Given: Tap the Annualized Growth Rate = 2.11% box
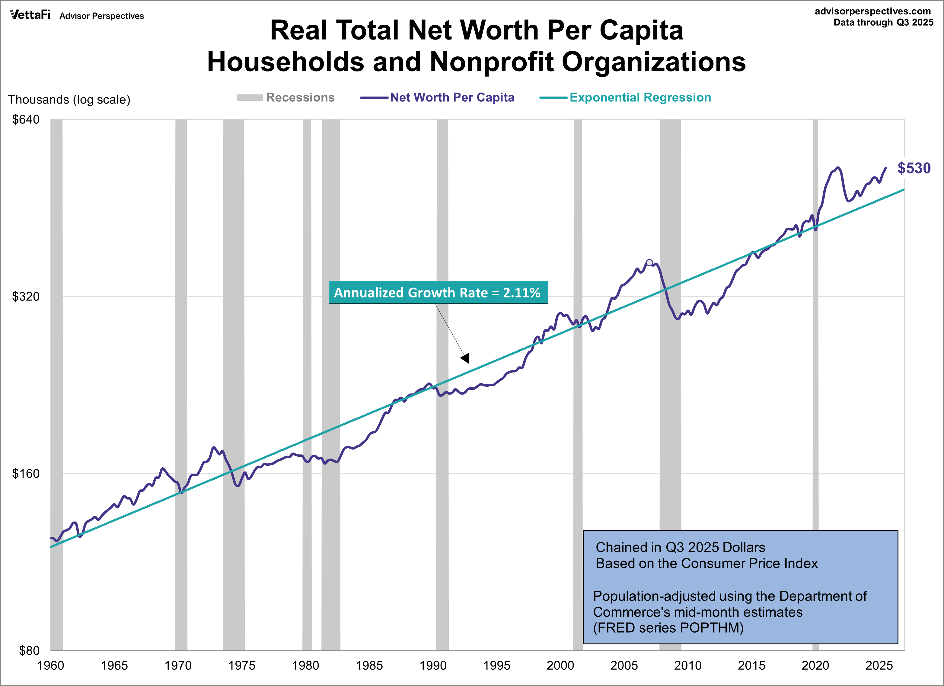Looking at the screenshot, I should click(438, 292).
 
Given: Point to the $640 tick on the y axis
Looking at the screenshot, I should click(26, 120).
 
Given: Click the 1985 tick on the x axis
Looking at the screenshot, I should click(369, 665).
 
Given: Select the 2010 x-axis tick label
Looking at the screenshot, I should click(687, 665).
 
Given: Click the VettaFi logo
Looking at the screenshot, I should click(30, 15).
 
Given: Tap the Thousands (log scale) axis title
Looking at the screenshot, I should click(69, 100).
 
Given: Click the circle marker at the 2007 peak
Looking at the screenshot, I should click(649, 262).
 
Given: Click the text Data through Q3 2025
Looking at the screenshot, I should click(883, 22).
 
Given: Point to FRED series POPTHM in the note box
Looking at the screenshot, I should click(668, 627).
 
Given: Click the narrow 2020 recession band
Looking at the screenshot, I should click(815, 374).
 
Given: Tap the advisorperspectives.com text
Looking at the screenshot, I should click(872, 11).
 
